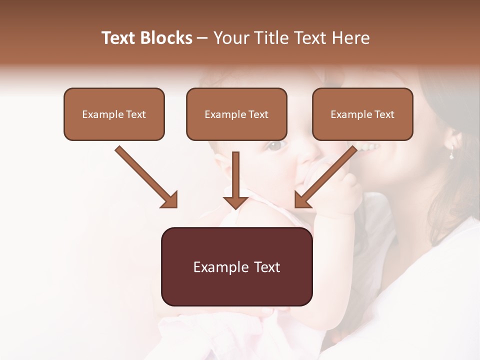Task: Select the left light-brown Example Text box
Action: [x=114, y=114]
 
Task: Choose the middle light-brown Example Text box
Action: [x=236, y=114]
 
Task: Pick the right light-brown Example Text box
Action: [x=362, y=114]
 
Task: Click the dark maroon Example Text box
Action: [x=237, y=266]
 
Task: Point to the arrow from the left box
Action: [x=145, y=175]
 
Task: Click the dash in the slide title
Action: [x=202, y=38]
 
